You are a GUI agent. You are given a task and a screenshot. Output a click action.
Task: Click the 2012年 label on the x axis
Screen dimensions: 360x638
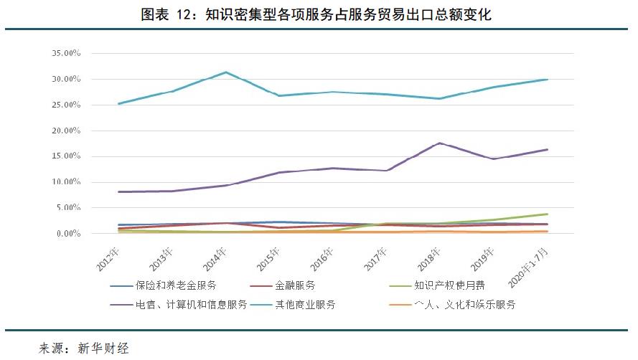108,256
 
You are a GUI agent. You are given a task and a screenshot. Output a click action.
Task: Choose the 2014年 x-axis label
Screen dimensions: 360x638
215,256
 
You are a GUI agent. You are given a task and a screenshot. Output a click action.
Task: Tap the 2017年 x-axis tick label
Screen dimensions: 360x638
376,256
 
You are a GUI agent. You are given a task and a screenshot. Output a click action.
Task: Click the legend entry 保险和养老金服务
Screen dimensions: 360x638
176,285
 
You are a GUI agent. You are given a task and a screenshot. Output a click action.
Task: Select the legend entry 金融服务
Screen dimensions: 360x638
295,285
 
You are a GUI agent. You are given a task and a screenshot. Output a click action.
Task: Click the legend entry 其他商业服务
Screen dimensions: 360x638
306,304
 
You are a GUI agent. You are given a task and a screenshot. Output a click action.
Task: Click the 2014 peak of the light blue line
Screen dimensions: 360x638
226,72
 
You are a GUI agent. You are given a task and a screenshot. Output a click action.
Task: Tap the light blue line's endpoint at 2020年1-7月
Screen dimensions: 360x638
548,79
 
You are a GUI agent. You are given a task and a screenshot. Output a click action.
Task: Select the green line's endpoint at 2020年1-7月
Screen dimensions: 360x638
548,214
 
